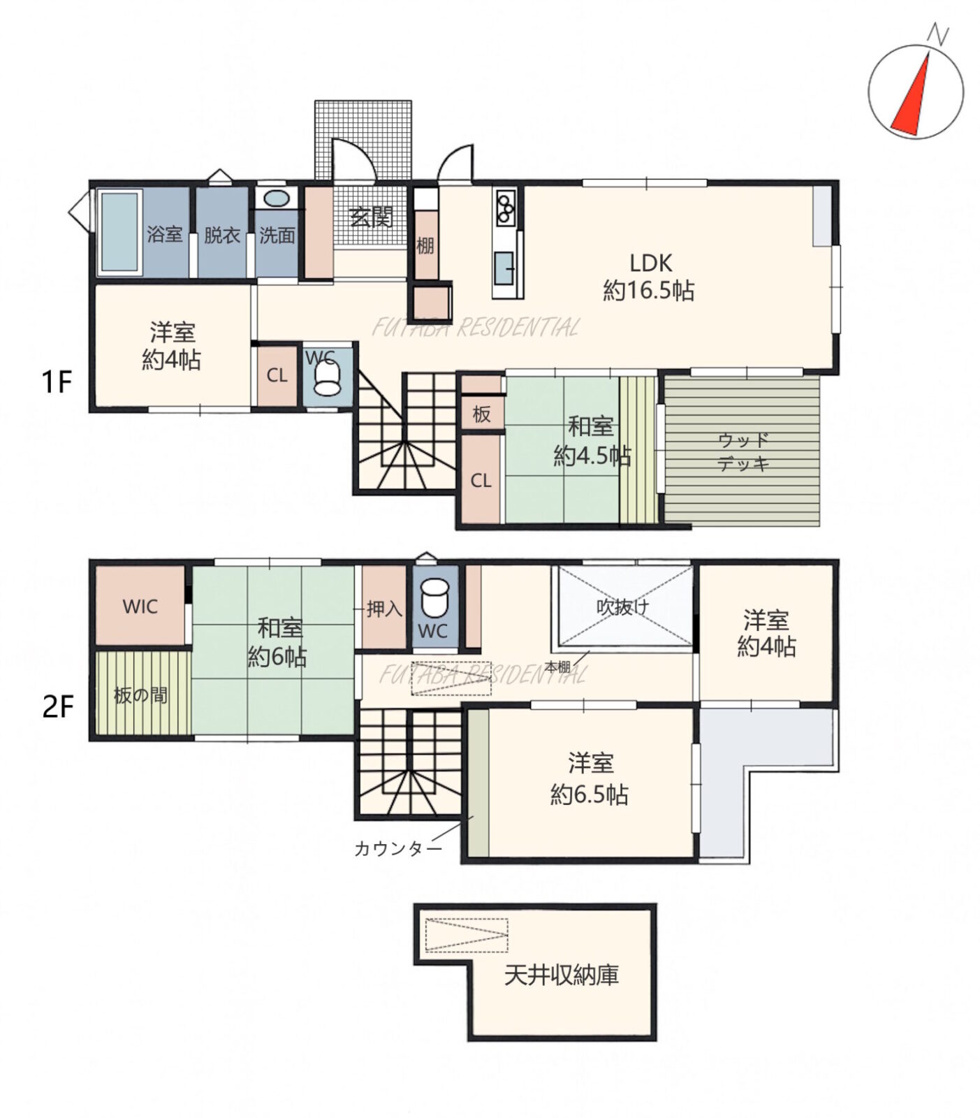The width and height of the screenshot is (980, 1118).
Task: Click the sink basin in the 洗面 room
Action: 277,198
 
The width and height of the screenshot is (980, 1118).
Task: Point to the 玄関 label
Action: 371,217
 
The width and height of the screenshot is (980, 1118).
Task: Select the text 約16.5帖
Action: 648,290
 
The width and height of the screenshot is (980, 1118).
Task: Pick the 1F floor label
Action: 57,383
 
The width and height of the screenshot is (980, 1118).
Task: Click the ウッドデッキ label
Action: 743,451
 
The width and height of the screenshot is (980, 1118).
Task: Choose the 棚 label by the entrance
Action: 425,246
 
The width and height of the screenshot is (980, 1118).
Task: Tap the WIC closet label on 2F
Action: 140,606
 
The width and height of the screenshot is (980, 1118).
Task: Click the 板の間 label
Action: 140,696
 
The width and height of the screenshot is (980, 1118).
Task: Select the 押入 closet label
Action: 384,609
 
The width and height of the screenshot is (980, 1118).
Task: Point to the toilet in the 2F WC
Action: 434,596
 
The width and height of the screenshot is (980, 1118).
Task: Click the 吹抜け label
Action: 622,607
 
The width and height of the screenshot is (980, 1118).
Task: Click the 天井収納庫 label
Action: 562,975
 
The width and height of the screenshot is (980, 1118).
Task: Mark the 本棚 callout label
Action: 557,667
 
